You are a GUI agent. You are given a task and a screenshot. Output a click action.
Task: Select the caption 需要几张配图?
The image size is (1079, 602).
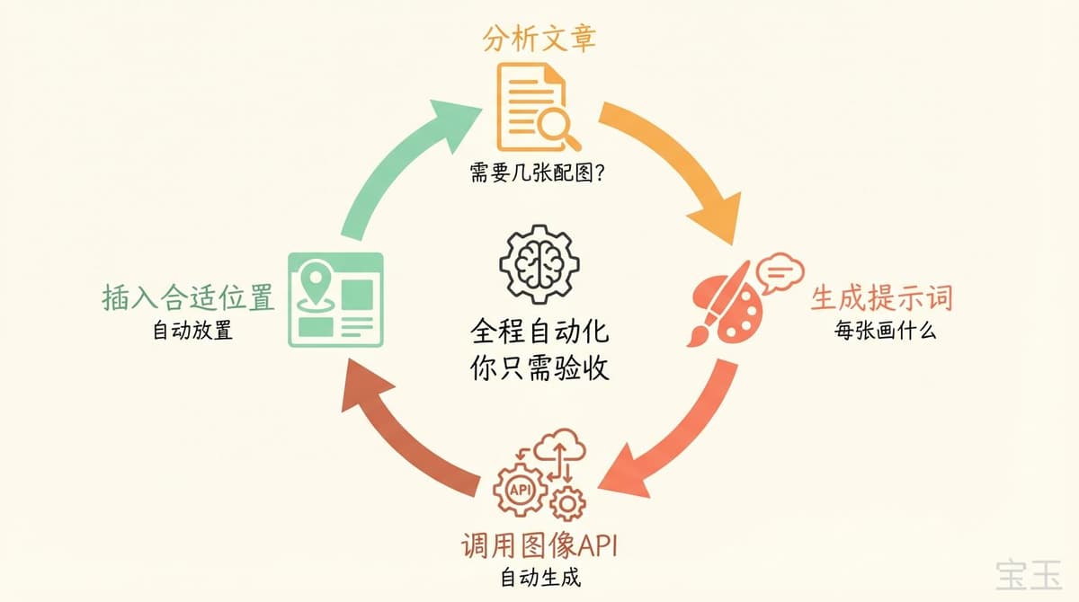[x=537, y=173]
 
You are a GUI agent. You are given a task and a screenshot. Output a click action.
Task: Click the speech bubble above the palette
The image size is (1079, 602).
[x=780, y=271]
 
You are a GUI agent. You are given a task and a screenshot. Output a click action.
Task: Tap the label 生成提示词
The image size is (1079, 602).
[x=881, y=297]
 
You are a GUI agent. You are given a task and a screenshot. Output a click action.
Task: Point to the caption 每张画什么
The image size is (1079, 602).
[x=885, y=330]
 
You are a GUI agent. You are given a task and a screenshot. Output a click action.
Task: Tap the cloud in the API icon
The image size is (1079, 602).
[x=564, y=449]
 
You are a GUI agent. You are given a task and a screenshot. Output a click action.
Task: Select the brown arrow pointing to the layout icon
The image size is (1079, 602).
[x=405, y=431]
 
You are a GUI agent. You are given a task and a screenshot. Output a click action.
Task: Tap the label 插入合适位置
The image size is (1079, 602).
[x=188, y=298]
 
